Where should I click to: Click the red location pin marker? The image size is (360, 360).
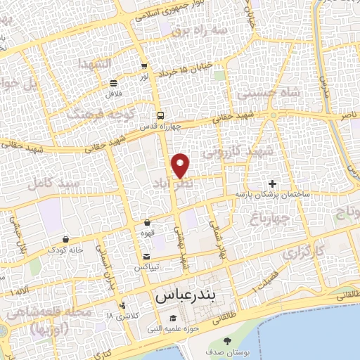[x=181, y=165]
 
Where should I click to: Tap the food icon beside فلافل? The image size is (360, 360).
[x=113, y=83]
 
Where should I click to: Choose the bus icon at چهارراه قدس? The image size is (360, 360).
[x=160, y=115]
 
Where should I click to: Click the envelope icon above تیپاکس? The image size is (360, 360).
[x=146, y=257]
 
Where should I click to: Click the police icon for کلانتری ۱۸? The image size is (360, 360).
[x=123, y=306]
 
